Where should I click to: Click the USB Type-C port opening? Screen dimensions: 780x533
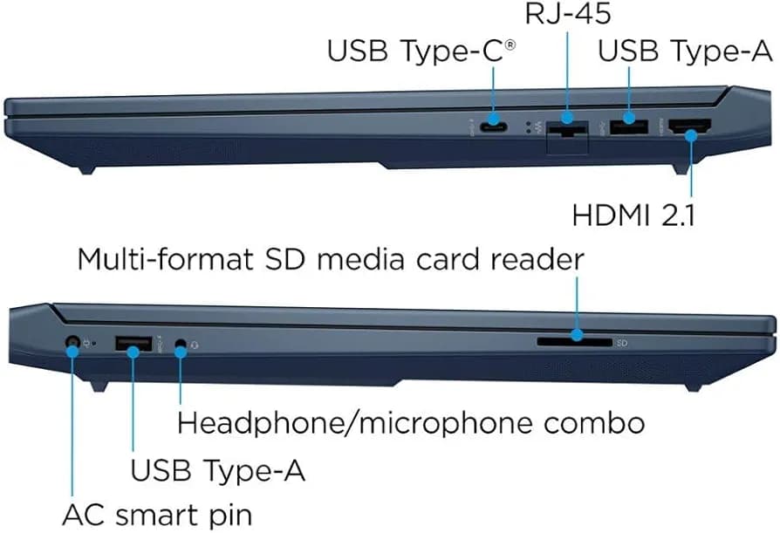[494, 127]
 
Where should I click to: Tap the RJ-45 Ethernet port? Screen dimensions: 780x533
[567, 130]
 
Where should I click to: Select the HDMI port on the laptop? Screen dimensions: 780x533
[689, 127]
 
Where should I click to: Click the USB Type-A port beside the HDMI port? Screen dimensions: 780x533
[629, 126]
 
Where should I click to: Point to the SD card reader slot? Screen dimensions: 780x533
[575, 342]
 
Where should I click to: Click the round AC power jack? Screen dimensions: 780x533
[72, 342]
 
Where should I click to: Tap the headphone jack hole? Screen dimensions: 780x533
[181, 344]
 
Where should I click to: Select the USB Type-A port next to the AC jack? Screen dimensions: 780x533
[133, 344]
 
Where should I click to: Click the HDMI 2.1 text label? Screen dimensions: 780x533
[633, 215]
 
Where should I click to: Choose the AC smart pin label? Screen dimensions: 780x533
[157, 516]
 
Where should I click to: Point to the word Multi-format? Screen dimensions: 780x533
[165, 260]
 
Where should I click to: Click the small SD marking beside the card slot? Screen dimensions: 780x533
[622, 343]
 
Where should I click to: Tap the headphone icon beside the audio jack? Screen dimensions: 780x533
[194, 344]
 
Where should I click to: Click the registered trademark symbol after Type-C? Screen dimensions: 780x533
[510, 45]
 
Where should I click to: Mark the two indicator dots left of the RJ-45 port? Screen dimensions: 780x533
[529, 127]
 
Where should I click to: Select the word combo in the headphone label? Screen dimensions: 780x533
[594, 424]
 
